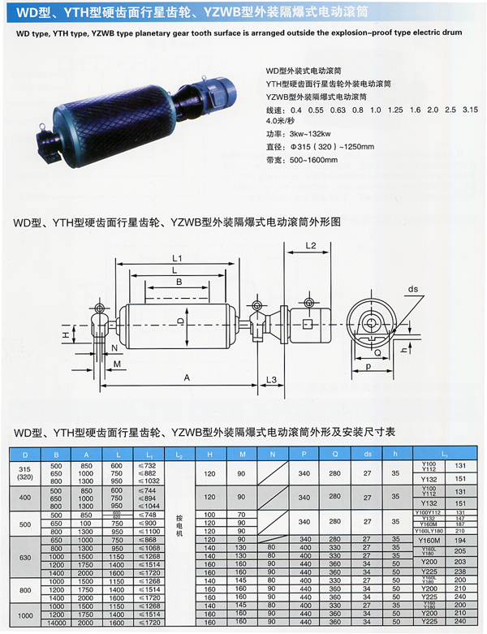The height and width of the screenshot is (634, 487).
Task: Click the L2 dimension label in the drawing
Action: point(310,244)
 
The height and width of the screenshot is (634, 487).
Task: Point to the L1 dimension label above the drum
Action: point(177,258)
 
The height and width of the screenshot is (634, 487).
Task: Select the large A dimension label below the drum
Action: point(187,378)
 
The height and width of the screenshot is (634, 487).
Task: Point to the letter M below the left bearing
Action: point(118,364)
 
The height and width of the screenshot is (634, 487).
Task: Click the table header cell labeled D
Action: point(25,454)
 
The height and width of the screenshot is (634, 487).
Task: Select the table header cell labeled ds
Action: point(367,454)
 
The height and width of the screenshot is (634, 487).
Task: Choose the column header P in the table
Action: point(304,454)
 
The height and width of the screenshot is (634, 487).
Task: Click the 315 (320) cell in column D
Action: point(25,474)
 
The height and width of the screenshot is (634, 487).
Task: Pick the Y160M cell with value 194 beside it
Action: point(428,539)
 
